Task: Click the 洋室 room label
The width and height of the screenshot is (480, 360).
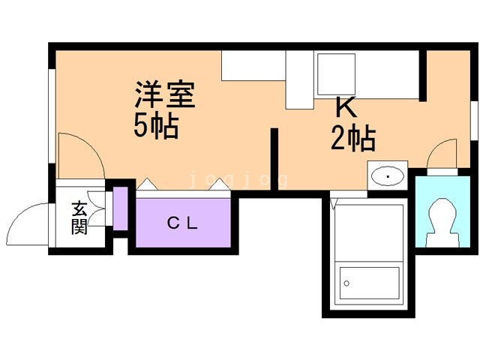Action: coord(165,94)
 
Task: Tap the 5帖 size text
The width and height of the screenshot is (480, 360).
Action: coord(156,126)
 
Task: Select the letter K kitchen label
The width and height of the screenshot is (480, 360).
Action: coord(346,106)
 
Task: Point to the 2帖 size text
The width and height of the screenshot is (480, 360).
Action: coord(353,138)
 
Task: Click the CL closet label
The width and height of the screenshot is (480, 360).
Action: coord(182,223)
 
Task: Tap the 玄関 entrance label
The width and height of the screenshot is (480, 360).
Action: coord(79,217)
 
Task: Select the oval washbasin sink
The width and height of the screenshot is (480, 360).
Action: coord(388,176)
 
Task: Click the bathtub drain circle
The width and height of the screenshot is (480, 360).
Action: coord(346,283)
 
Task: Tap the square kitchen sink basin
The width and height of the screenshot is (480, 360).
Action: coord(336,74)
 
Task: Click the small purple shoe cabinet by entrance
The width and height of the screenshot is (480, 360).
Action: coord(120,208)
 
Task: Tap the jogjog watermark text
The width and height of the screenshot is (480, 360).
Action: coord(238,180)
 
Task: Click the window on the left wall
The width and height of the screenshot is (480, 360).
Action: coord(52,116)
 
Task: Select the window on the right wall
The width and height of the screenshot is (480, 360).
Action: coord(475,121)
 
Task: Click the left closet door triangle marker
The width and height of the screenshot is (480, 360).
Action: coord(147,184)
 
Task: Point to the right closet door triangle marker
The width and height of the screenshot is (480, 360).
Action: coord(220,184)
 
